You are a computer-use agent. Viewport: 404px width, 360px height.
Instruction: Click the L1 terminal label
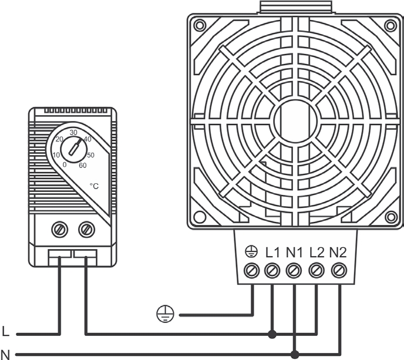tap(272, 253)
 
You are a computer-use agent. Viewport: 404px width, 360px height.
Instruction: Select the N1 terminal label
tap(294, 253)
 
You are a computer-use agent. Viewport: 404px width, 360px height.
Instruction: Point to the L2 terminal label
tap(317, 253)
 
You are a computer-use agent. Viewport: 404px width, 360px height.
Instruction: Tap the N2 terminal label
tap(338, 253)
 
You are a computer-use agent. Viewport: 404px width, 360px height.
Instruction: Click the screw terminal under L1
tap(272, 271)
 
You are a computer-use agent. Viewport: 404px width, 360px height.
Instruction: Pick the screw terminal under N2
tap(339, 271)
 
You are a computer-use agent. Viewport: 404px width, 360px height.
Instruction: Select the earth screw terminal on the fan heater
tap(251, 271)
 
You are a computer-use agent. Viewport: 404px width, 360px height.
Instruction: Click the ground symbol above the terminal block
tap(251, 252)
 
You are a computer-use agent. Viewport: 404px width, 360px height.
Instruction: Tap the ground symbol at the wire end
tap(165, 314)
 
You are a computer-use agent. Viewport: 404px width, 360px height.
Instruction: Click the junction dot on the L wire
tap(272, 335)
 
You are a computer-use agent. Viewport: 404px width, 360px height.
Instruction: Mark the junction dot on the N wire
tap(295, 354)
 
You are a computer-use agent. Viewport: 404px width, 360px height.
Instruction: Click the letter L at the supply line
tap(5, 331)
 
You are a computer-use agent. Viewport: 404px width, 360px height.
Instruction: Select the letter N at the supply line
tap(5, 354)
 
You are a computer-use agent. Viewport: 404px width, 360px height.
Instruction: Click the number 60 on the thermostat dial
tap(82, 166)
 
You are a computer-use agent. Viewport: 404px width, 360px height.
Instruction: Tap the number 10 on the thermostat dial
tap(56, 155)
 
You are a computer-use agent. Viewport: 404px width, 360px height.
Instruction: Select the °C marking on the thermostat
tap(94, 186)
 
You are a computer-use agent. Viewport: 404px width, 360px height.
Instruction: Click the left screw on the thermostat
tap(60, 230)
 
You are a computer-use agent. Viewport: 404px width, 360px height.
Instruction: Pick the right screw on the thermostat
tap(86, 230)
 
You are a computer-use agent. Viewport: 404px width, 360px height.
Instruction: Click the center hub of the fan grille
tap(295, 120)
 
